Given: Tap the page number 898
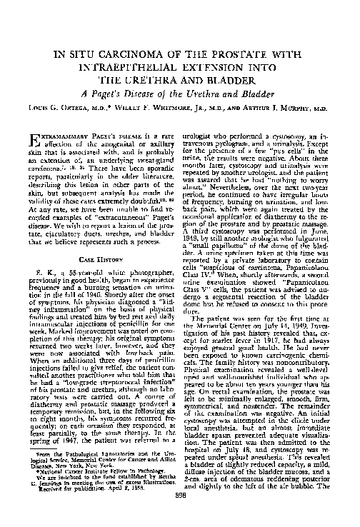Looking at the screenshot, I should (x=180, y=513).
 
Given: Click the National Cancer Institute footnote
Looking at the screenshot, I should (x=82, y=480).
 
